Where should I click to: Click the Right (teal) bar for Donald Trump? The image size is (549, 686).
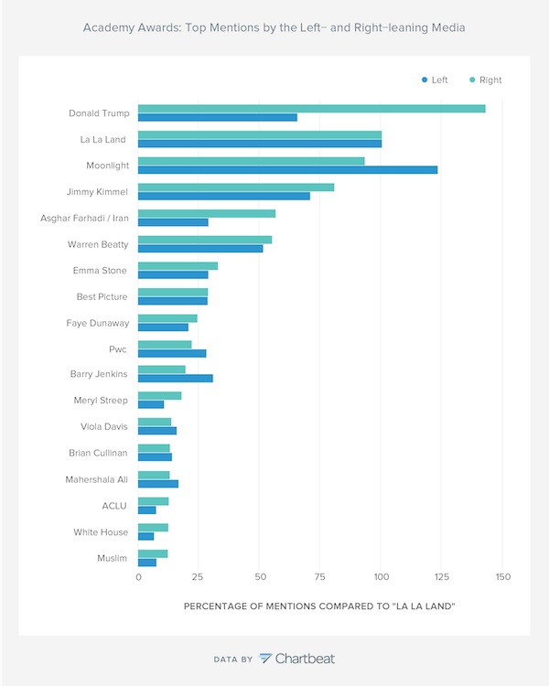coord(311,109)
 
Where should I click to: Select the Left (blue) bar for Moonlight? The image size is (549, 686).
coord(287,170)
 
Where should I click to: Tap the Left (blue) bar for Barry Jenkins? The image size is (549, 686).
coord(175,379)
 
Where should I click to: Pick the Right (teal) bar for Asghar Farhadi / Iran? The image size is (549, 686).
coord(206,213)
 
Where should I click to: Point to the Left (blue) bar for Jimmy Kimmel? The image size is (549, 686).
coord(223,196)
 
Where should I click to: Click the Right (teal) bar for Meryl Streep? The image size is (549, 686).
coord(159,396)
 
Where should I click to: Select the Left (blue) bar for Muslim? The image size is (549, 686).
coord(146,562)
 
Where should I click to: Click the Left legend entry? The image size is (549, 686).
coord(435,80)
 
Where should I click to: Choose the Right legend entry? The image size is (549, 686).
coord(485,80)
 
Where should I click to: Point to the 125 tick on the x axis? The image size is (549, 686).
coord(442,578)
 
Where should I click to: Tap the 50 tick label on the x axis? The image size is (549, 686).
coord(259,578)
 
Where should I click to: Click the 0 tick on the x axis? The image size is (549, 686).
coord(138,578)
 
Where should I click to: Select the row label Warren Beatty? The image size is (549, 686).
coord(98,244)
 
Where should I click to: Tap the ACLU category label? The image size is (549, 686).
coord(114,505)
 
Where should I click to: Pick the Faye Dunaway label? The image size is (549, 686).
coord(97,323)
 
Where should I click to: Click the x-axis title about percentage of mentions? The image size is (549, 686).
coord(320,606)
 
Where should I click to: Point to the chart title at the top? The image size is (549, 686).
coord(274,28)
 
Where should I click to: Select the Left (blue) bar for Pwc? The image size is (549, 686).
coord(172,353)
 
